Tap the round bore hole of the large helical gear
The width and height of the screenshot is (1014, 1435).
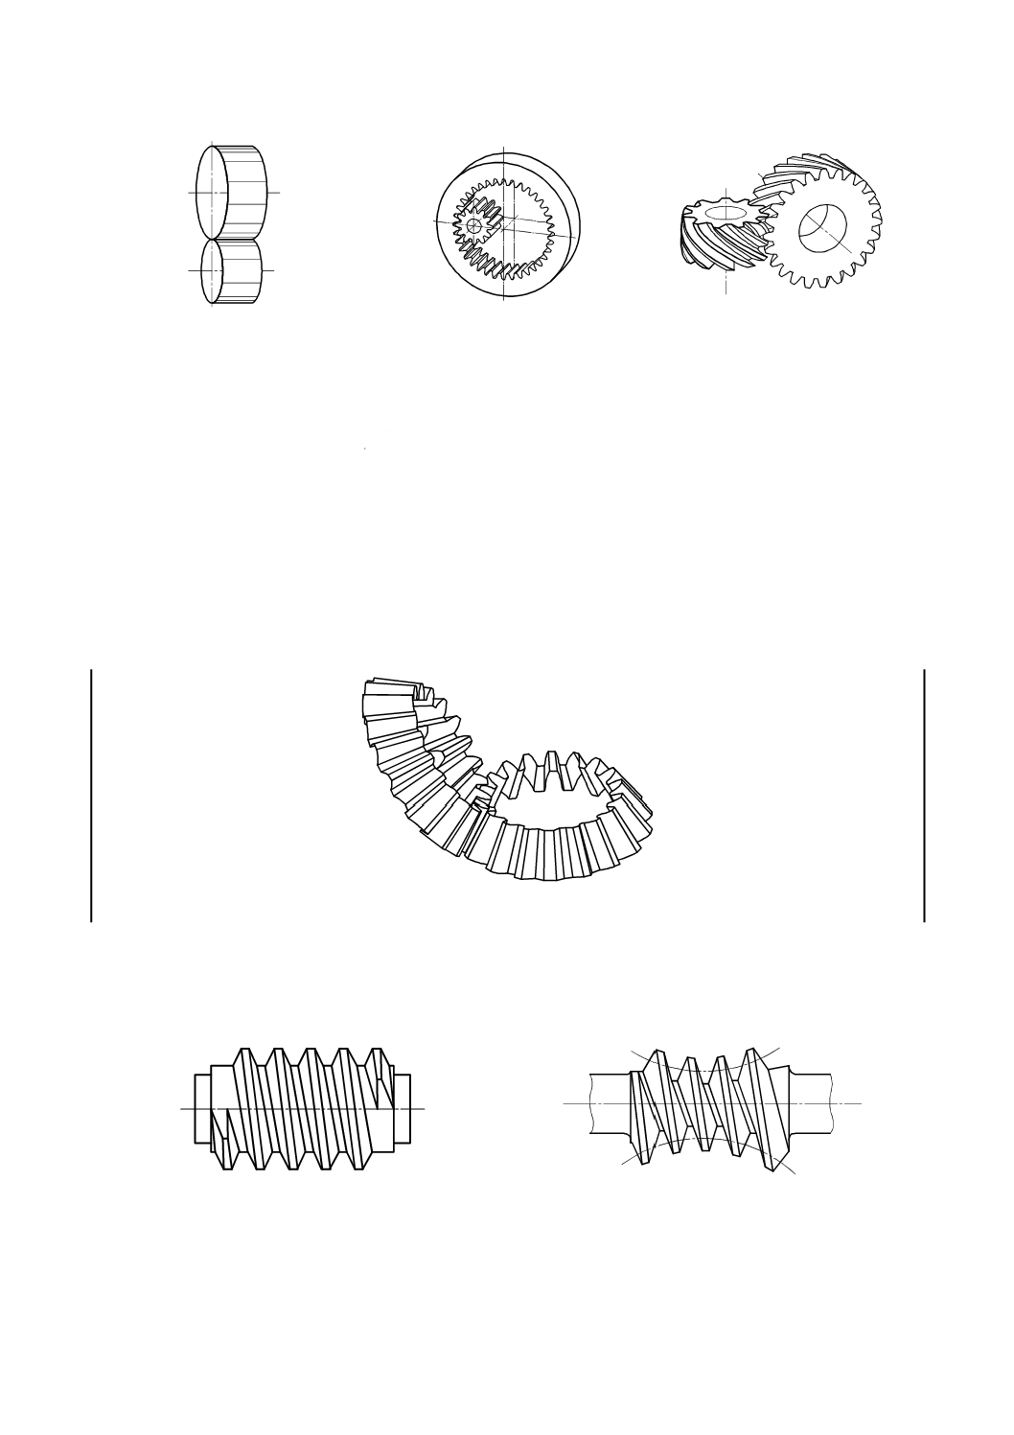pyautogui.click(x=822, y=228)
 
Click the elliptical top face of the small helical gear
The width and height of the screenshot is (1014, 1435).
pyautogui.click(x=726, y=210)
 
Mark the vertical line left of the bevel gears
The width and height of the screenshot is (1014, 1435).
pyautogui.click(x=91, y=796)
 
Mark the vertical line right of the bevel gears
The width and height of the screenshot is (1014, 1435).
pyautogui.click(x=925, y=796)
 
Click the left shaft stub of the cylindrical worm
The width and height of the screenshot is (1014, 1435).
pyautogui.click(x=202, y=1108)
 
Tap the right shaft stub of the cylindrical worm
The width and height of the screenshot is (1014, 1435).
pyautogui.click(x=403, y=1108)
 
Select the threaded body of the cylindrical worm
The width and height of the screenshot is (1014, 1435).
pyautogui.click(x=302, y=1108)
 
